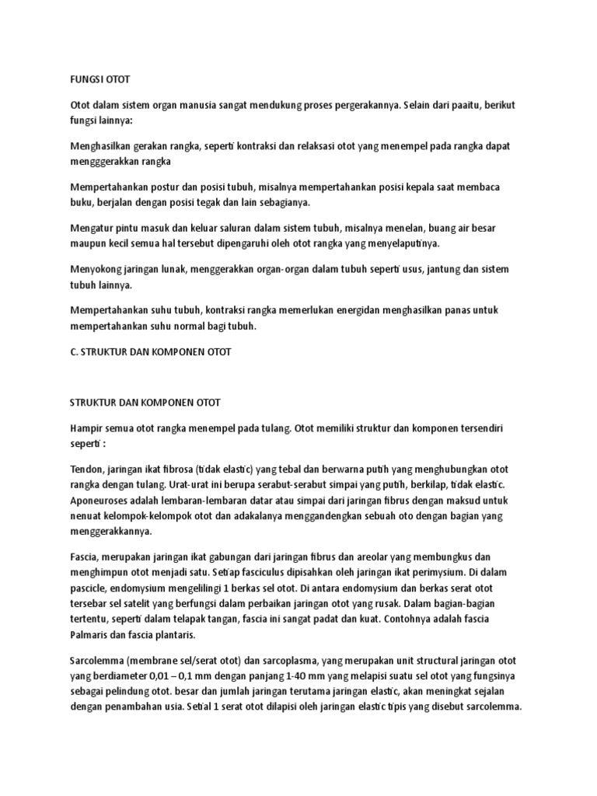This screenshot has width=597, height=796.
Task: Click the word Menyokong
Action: coord(96,270)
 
